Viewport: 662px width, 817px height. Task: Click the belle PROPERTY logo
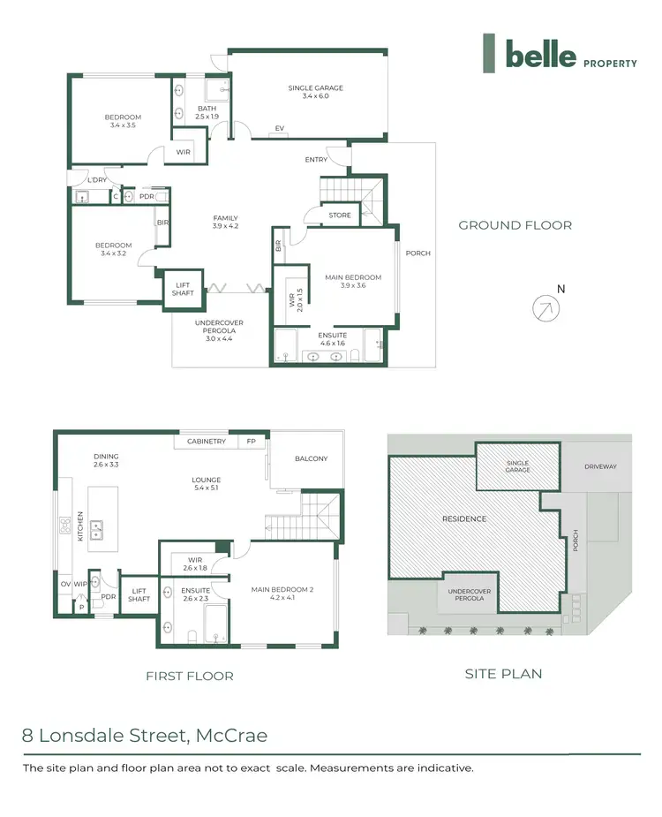559,55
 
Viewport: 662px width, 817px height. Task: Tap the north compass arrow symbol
546,308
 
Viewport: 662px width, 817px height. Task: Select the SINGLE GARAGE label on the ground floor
315,92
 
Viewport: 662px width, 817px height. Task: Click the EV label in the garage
279,128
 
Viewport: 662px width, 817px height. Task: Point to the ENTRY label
316,160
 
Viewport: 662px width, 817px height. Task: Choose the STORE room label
340,215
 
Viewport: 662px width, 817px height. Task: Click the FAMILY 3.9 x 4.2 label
225,223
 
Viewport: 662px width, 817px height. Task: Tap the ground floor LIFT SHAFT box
184,289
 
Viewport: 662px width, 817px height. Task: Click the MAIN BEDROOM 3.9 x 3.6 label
345,281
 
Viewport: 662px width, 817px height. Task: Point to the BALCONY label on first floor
311,458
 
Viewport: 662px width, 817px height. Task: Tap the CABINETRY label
207,442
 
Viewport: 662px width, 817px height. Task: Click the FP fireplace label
251,442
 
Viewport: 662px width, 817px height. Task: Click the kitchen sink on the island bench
99,530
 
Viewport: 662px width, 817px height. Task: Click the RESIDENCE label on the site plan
463,518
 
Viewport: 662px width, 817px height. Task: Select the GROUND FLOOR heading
515,225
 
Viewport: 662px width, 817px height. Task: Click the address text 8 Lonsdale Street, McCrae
145,735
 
